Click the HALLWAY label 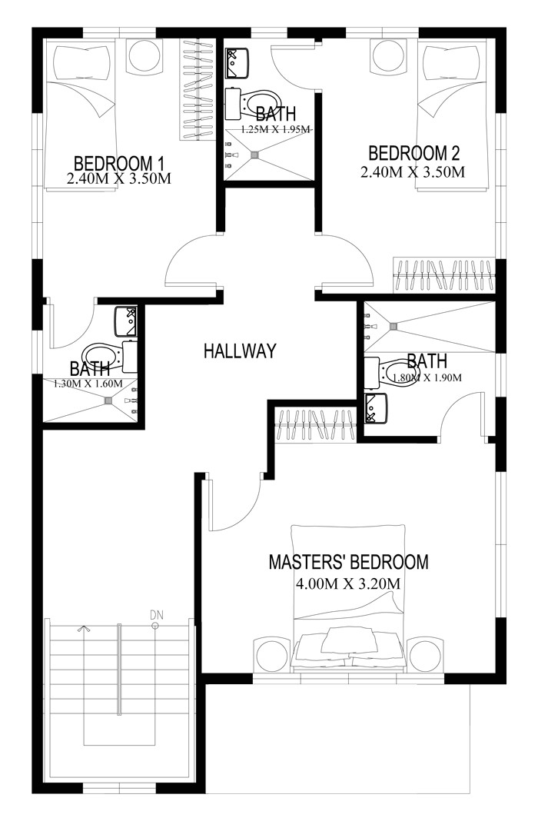pos(239,351)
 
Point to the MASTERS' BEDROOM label pos(348,562)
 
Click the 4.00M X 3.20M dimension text pos(348,583)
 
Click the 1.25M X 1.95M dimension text pos(275,130)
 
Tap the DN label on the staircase pos(156,614)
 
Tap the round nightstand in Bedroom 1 pos(144,55)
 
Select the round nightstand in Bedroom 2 pos(385,55)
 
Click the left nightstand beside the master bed pos(271,656)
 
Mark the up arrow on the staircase pos(82,627)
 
